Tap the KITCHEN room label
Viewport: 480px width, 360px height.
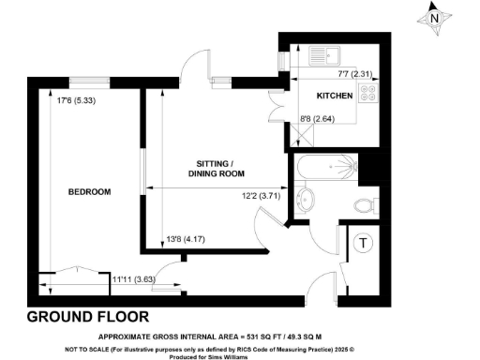pos(335,97)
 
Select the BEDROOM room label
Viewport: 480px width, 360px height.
pos(89,192)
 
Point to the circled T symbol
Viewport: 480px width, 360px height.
pos(362,245)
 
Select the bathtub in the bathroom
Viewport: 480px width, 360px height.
pos(324,169)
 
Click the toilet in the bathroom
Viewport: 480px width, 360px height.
pos(363,205)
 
